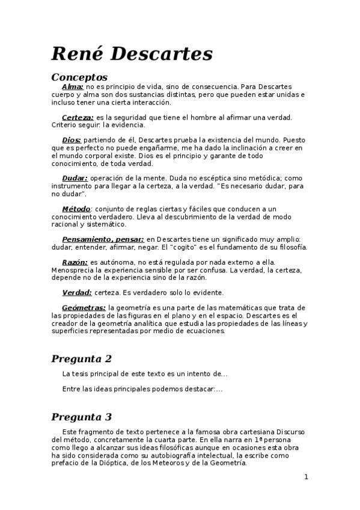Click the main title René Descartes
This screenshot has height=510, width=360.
tap(132, 54)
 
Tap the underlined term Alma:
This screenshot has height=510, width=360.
tap(73, 87)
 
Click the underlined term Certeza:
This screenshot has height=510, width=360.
tap(78, 117)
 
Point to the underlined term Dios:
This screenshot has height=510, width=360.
tap(72, 140)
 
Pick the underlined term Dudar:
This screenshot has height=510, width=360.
tap(75, 178)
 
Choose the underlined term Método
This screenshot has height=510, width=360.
tap(76, 209)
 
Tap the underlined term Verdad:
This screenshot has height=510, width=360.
tap(77, 292)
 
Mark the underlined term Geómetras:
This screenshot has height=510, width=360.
tap(84, 308)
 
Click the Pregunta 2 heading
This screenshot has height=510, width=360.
tap(82, 359)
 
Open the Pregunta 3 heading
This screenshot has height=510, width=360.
tap(82, 417)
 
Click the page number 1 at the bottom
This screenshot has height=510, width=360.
tap(306, 477)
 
